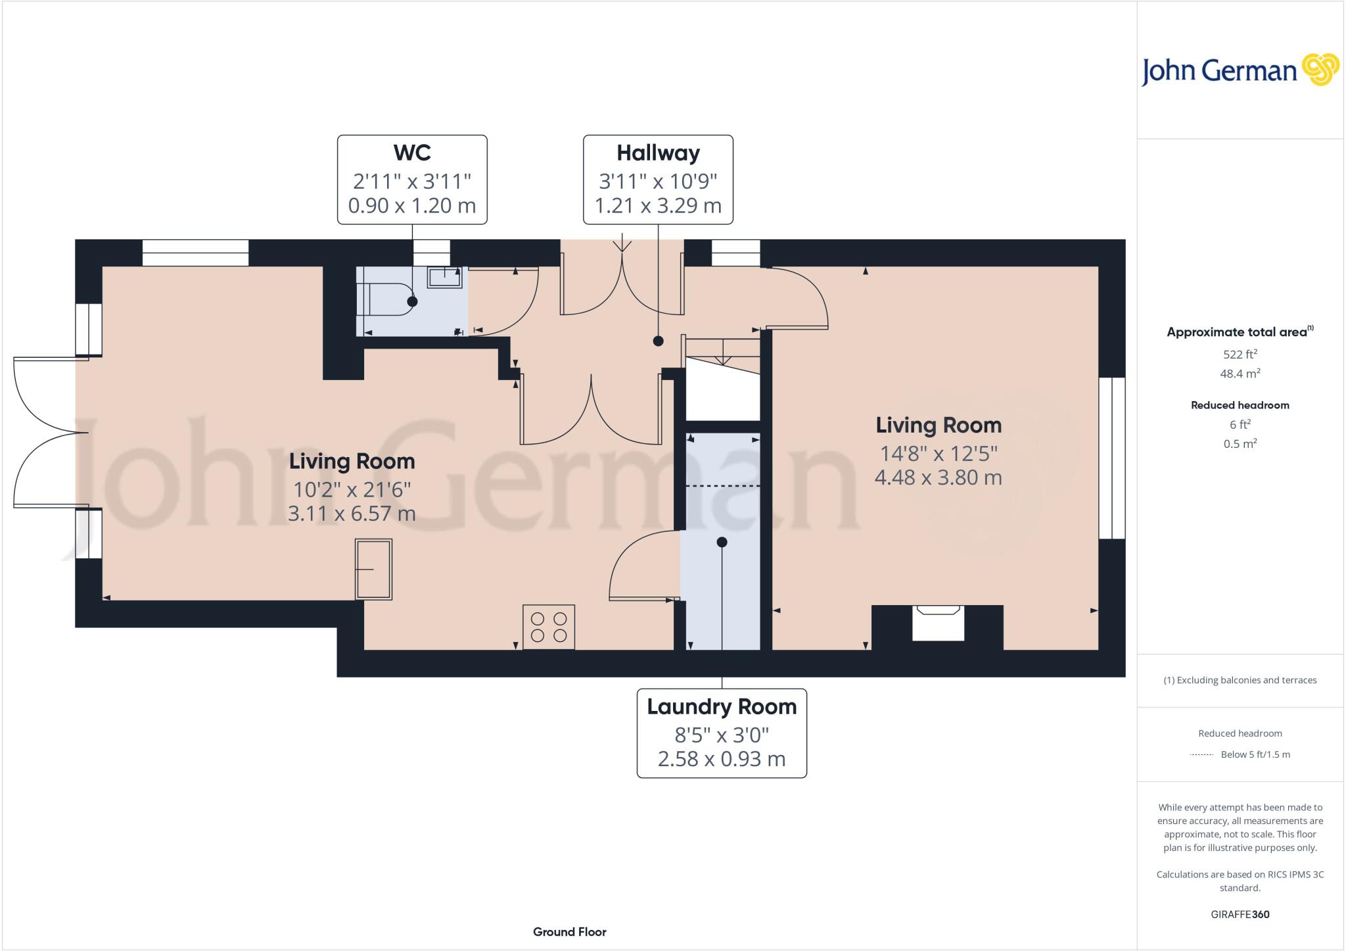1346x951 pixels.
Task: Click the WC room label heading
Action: coord(412,153)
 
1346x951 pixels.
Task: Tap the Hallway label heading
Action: coord(658,153)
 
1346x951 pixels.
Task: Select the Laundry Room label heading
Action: coord(722,707)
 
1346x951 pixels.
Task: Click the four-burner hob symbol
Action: coord(549,627)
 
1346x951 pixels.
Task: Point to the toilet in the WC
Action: coord(384,300)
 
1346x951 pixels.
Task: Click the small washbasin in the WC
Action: coord(445,277)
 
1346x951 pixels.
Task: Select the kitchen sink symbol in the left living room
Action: coord(373,569)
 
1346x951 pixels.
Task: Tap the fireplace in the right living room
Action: coord(938,622)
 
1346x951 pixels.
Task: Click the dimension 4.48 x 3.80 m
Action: coord(938,477)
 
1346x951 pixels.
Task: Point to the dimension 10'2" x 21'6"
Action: coord(352,490)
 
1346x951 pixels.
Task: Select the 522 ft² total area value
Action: coord(1240,354)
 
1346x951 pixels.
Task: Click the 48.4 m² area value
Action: coord(1240,374)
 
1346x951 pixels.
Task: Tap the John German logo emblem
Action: coord(1320,70)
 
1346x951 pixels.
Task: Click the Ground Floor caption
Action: coord(569,932)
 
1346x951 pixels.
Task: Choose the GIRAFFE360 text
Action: coord(1240,914)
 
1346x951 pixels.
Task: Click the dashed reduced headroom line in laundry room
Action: coord(723,486)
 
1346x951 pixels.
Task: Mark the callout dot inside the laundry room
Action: coord(722,543)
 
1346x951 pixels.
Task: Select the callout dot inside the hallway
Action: coord(658,341)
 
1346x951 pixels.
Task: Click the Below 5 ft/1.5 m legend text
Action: coord(1255,754)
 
